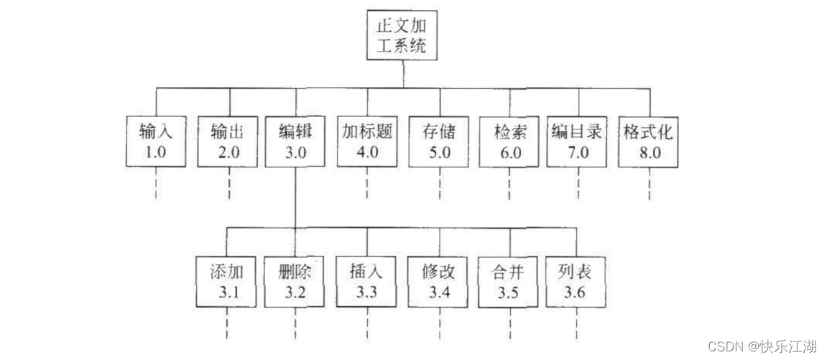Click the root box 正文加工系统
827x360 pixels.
pyautogui.click(x=403, y=37)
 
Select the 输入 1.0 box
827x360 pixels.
pyautogui.click(x=157, y=141)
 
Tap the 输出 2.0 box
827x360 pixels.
pyautogui.click(x=228, y=141)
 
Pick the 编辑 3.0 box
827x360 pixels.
pyautogui.click(x=296, y=141)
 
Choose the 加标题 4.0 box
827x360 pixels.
pyautogui.click(x=367, y=141)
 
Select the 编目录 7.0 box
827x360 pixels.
pyautogui.click(x=579, y=141)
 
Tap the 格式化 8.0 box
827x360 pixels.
pyautogui.click(x=649, y=141)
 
